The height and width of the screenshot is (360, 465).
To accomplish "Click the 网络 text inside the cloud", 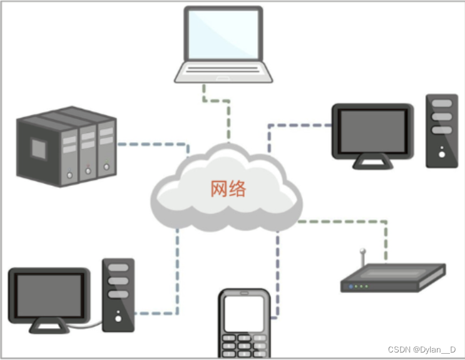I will (x=228, y=188).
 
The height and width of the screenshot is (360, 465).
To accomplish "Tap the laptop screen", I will (x=223, y=34).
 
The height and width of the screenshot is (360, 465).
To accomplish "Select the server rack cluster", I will (x=66, y=145).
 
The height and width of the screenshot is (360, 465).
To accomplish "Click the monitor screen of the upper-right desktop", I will (x=372, y=130).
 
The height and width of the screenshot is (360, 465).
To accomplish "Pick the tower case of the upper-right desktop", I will (x=442, y=130).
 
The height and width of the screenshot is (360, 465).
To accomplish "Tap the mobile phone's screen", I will (x=245, y=314).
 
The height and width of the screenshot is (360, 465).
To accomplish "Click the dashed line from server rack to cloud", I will (x=150, y=145).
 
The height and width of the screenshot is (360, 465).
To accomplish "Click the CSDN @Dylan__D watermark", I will (x=422, y=349).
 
